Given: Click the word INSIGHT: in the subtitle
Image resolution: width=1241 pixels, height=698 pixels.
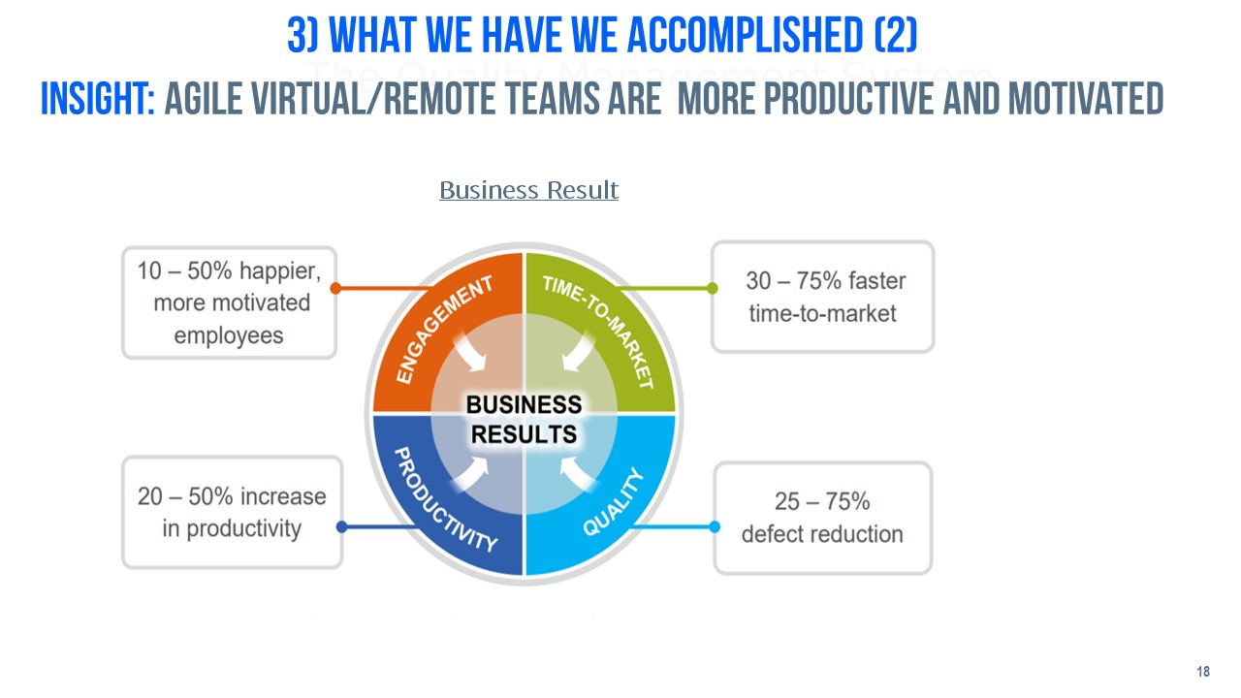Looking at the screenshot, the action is pos(98,99).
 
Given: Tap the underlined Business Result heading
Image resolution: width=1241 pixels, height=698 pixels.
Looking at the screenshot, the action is pos(528,190).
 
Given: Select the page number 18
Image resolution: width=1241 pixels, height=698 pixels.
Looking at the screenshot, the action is pos(1203,672).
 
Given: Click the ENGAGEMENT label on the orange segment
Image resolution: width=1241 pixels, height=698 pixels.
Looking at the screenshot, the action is pos(444,329).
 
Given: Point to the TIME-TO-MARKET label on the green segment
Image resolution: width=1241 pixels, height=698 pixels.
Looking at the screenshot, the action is pos(598,332).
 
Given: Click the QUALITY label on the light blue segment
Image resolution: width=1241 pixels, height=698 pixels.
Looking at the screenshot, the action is pos(614,502).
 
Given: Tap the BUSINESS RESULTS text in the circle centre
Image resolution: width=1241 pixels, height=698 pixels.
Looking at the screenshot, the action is pos(524,420).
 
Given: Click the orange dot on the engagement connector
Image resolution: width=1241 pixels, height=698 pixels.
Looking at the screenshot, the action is pos(335,288).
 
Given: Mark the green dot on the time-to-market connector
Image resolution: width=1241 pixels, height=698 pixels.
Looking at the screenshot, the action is pos(713,288).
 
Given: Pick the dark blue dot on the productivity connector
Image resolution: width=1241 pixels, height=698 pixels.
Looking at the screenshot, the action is pos(342,526).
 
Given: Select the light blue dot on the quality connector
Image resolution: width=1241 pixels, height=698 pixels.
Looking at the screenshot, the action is pos(715,526).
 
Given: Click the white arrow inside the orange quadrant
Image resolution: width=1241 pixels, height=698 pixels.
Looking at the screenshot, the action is pos(470,354).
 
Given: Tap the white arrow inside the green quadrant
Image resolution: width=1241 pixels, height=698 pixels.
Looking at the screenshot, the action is pos(578,354).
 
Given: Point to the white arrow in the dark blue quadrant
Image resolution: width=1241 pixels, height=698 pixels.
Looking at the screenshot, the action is pos(471,475).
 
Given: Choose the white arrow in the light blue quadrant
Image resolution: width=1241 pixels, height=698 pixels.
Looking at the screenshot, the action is pos(577,475).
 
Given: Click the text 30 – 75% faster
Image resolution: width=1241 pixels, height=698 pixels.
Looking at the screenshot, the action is pos(825,281).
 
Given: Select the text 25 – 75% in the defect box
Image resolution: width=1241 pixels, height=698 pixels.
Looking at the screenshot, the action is pos(822,501).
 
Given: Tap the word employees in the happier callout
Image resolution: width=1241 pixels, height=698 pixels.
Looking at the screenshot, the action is pos(228,335).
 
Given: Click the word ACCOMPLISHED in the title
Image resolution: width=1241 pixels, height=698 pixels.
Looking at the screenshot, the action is pos(746,36).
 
